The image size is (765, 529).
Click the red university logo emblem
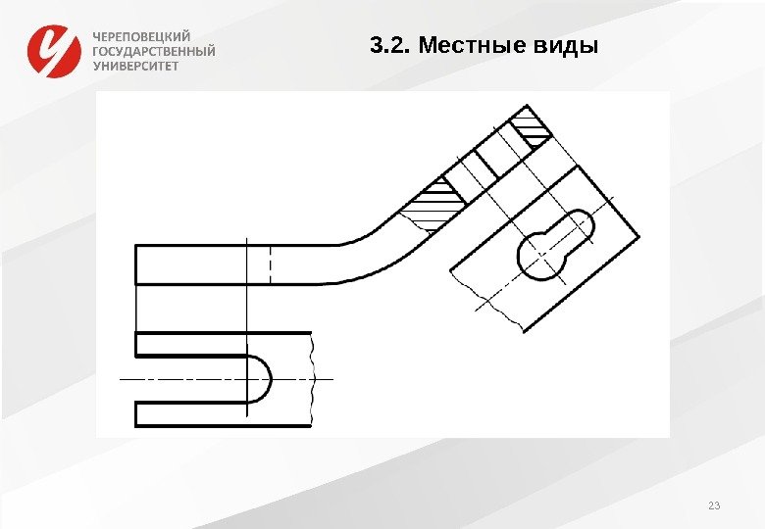coord(53,50)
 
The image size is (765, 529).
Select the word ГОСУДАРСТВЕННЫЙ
coord(154,51)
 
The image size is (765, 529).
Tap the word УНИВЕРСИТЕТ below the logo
coord(136,66)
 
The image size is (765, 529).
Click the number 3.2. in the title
coord(389,46)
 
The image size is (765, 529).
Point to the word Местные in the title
coord(461,46)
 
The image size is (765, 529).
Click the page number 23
coord(713,505)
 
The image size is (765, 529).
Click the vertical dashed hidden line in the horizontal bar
coord(271,264)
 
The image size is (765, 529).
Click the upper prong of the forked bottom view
coord(196,344)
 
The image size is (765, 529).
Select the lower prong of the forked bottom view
coord(196,414)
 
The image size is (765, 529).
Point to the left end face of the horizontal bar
coord(135,264)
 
